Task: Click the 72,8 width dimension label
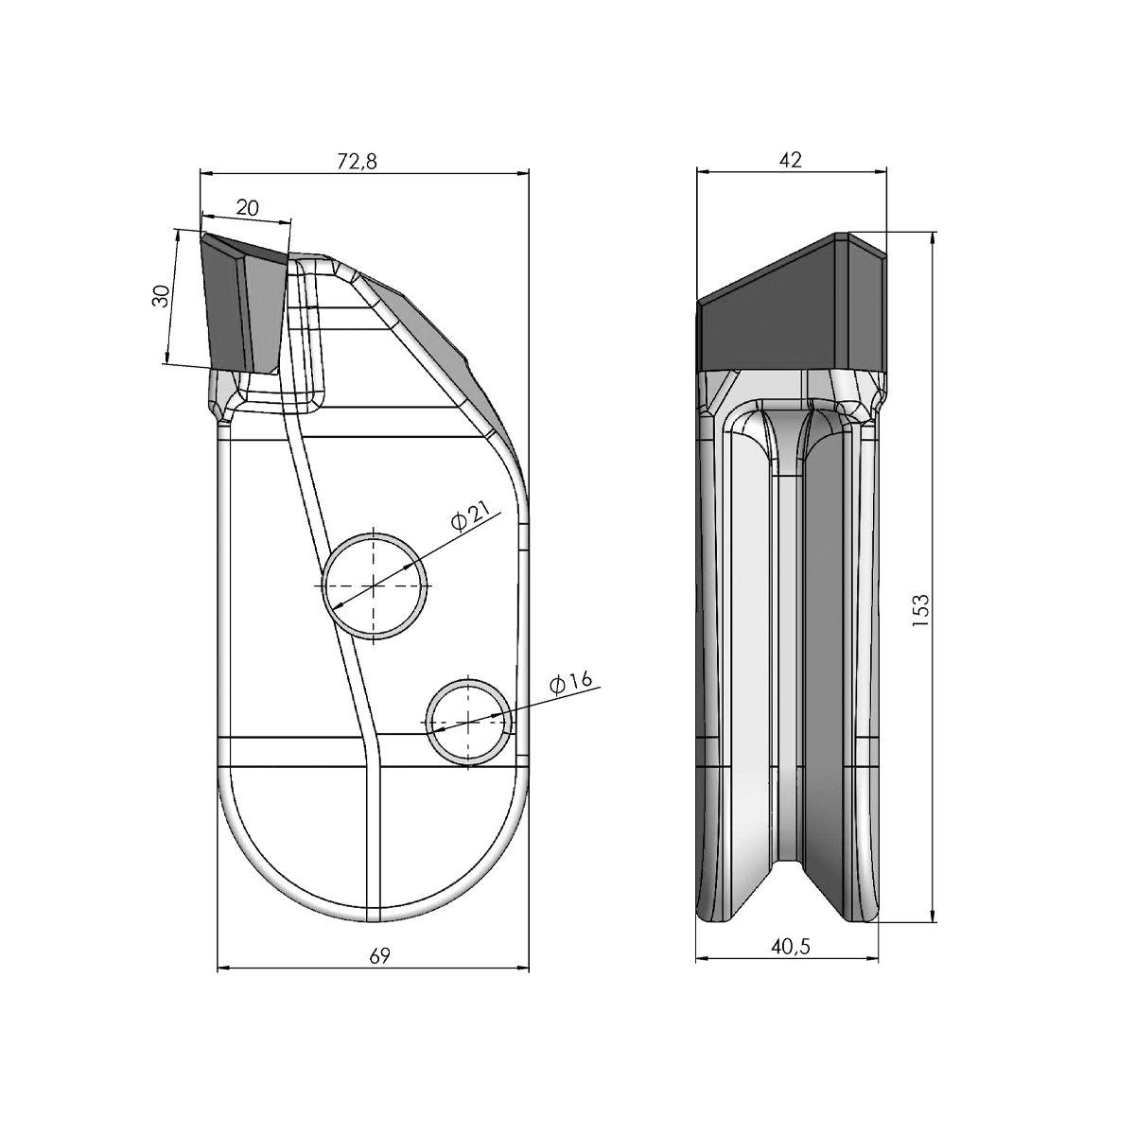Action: coord(358,162)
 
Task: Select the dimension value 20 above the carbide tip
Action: coord(248,207)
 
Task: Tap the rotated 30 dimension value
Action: coord(162,296)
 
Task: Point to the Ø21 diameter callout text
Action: coord(470,517)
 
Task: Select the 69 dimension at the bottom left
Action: coord(378,956)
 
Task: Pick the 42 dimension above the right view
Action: coord(790,160)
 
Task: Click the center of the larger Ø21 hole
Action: coord(375,585)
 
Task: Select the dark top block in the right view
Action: coord(790,317)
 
